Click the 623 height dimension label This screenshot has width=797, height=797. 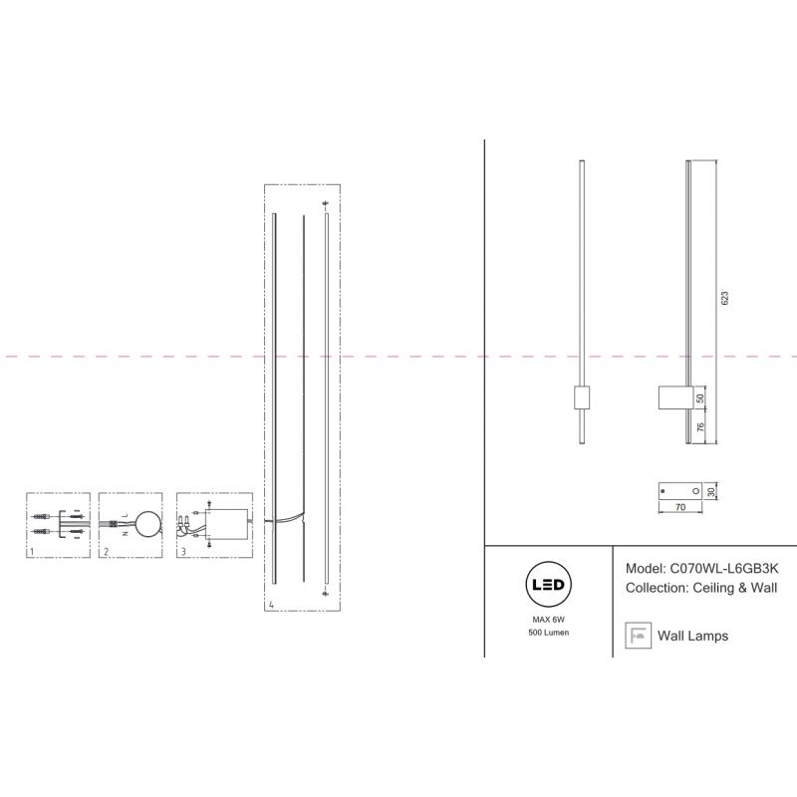[x=725, y=298]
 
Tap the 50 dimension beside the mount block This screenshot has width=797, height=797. [x=700, y=398]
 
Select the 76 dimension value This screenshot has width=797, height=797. [x=700, y=427]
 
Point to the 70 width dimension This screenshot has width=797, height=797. [x=680, y=507]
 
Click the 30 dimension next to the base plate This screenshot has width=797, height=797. [x=711, y=491]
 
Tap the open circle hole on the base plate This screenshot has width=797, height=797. [x=695, y=491]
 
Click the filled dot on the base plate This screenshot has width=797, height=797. [x=663, y=491]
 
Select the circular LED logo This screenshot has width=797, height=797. [x=548, y=585]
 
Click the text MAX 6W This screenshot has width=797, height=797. [x=549, y=620]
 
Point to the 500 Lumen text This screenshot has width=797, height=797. [x=549, y=633]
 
